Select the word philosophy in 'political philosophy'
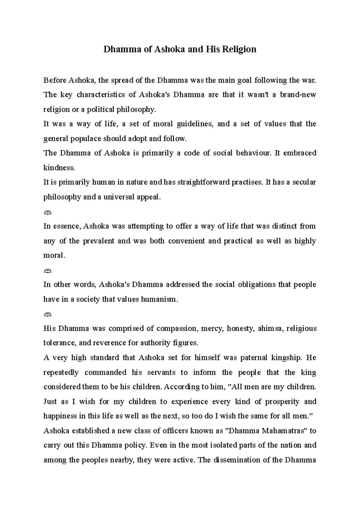(137, 110)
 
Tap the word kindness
(59, 168)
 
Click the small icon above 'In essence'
(47, 212)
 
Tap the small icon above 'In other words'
(47, 271)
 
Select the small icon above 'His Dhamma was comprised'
(47, 314)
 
